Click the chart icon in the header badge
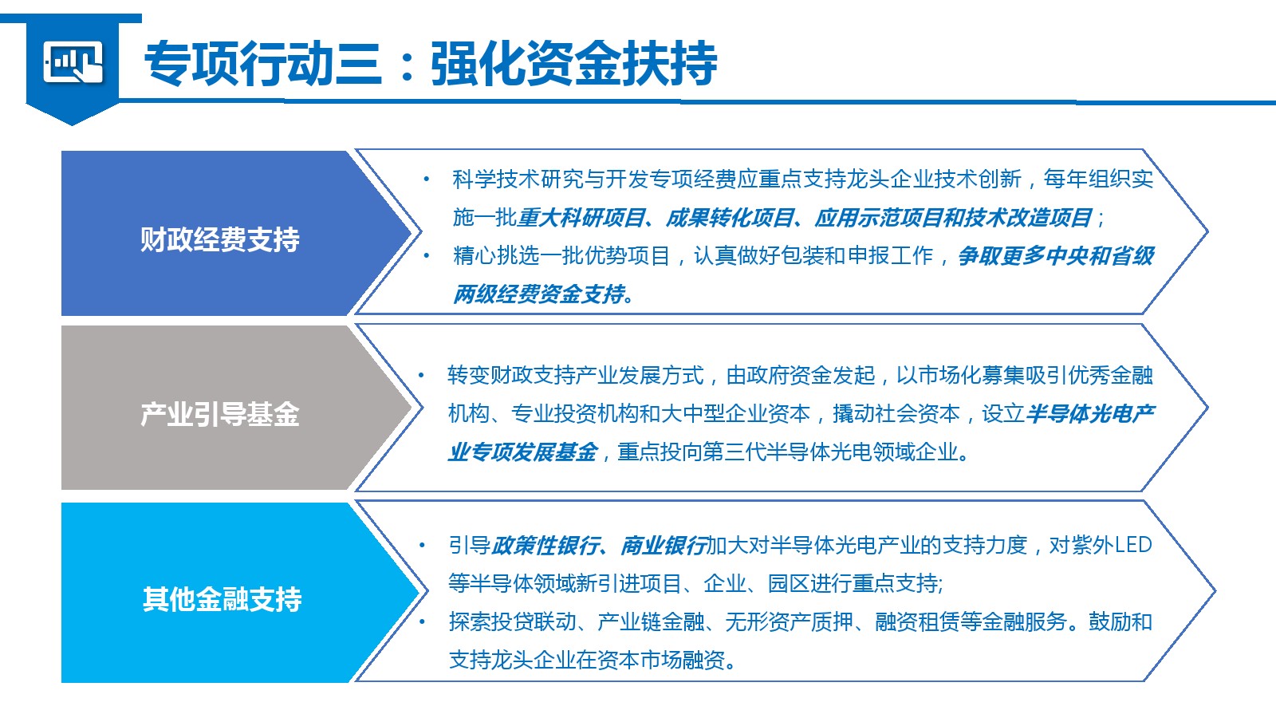[x=73, y=61]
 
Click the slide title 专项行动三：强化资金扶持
[x=431, y=63]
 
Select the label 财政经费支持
[x=220, y=239]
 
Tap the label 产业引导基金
[x=220, y=414]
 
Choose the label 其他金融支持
[x=222, y=599]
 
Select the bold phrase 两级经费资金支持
[x=539, y=294]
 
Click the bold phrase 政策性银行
[x=545, y=546]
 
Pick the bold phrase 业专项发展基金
[x=523, y=452]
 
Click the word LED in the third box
[x=1133, y=546]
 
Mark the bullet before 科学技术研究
[x=426, y=179]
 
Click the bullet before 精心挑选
[x=426, y=256]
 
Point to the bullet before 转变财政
[x=422, y=375]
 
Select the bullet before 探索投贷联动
[x=422, y=621]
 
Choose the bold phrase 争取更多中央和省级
[x=1056, y=256]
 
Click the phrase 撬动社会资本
[x=896, y=414]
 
